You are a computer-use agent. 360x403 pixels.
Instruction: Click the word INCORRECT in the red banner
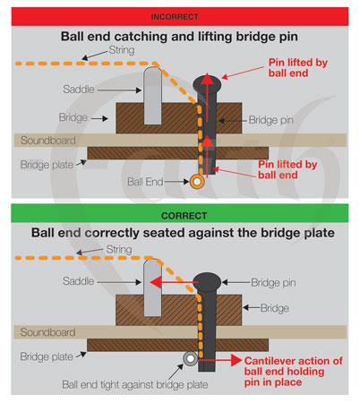pyautogui.click(x=175, y=17)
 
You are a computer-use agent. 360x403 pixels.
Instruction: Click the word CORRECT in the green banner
pyautogui.click(x=184, y=216)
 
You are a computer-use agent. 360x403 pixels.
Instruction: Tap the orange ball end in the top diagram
pyautogui.click(x=197, y=181)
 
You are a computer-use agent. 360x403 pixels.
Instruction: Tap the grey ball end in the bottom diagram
pyautogui.click(x=190, y=358)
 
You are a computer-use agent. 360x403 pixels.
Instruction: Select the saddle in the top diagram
pyautogui.click(x=152, y=96)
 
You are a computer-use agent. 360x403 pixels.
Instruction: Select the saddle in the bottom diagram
pyautogui.click(x=152, y=287)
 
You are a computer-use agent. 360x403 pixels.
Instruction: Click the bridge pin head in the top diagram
pyautogui.click(x=207, y=84)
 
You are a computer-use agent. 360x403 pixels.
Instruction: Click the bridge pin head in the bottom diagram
pyautogui.click(x=207, y=282)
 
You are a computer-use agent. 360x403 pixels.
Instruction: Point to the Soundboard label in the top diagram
pyautogui.click(x=48, y=140)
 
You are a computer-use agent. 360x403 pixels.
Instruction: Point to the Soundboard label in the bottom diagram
pyautogui.click(x=47, y=332)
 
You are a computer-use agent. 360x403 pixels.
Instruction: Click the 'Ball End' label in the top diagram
pyautogui.click(x=145, y=182)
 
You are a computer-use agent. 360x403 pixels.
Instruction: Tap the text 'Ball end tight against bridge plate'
pyautogui.click(x=135, y=384)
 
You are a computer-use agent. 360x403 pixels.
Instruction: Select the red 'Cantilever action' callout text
pyautogui.click(x=293, y=372)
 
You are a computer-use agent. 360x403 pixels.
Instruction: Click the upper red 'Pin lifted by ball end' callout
pyautogui.click(x=298, y=67)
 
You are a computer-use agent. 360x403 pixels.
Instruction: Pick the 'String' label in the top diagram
pyautogui.click(x=122, y=50)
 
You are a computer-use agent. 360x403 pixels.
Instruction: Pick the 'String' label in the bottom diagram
pyautogui.click(x=119, y=249)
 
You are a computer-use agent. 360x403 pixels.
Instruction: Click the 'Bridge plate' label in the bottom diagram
pyautogui.click(x=47, y=356)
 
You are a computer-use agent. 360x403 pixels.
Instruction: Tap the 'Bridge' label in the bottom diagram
pyautogui.click(x=275, y=308)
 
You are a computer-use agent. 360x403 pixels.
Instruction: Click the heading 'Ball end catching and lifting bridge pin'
pyautogui.click(x=179, y=37)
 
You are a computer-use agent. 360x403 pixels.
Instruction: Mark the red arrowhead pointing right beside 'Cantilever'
pyautogui.click(x=236, y=360)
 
